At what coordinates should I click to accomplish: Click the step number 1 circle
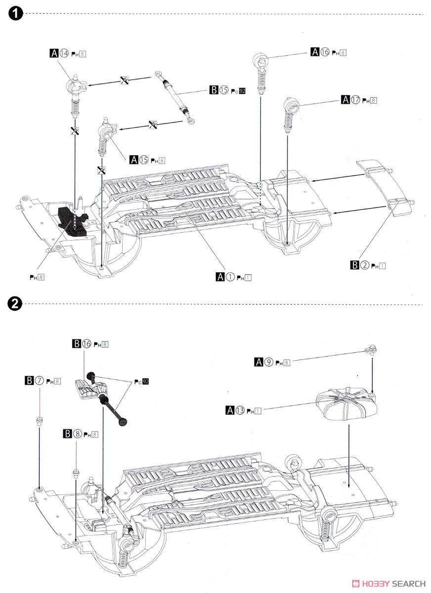coord(15,14)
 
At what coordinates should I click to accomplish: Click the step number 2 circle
coord(15,304)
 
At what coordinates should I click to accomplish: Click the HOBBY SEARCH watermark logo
coord(388,583)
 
